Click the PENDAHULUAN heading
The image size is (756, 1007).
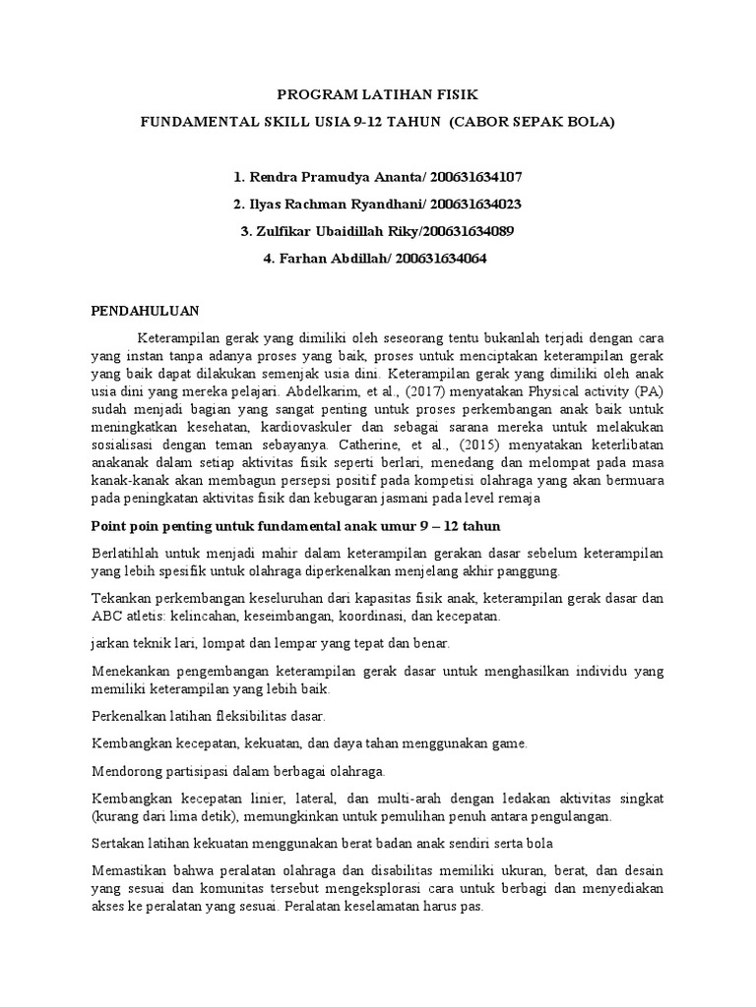point(146,308)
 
